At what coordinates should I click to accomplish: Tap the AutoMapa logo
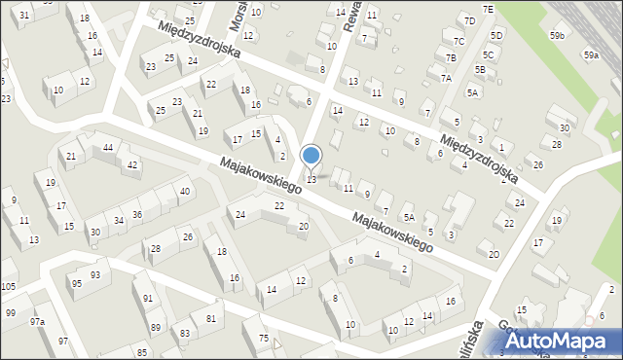pyautogui.click(x=560, y=341)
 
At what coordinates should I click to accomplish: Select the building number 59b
pyautogui.click(x=556, y=35)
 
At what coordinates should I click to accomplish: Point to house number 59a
pyautogui.click(x=591, y=55)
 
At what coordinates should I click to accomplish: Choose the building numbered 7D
pyautogui.click(x=469, y=20)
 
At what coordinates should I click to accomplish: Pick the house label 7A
pyautogui.click(x=446, y=78)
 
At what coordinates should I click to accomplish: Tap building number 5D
pyautogui.click(x=496, y=35)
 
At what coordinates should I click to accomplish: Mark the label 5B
pyautogui.click(x=480, y=69)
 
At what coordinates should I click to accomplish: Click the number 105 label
pyautogui.click(x=8, y=286)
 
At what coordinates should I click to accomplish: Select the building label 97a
pyautogui.click(x=37, y=321)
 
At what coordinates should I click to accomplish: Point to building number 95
pyautogui.click(x=75, y=283)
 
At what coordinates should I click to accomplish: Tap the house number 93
pyautogui.click(x=94, y=274)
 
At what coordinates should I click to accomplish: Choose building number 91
pyautogui.click(x=148, y=299)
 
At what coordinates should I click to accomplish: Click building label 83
pyautogui.click(x=184, y=334)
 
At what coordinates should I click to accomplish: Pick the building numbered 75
pyautogui.click(x=263, y=338)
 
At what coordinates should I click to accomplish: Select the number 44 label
pyautogui.click(x=108, y=147)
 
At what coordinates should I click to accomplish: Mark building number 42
pyautogui.click(x=131, y=164)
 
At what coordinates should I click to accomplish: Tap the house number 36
pyautogui.click(x=137, y=214)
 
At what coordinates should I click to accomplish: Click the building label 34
pyautogui.click(x=118, y=220)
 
